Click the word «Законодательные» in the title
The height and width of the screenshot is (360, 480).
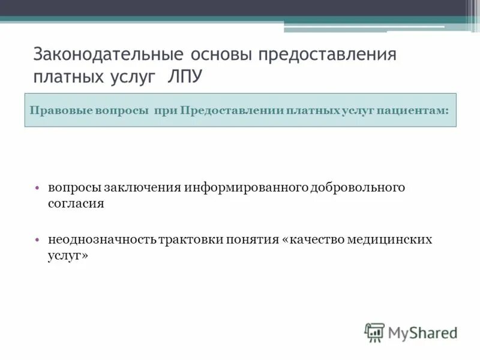[109, 55]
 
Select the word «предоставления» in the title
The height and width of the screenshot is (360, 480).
[328, 55]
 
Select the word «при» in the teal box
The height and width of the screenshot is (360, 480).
[165, 110]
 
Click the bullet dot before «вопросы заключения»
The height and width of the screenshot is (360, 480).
[37, 187]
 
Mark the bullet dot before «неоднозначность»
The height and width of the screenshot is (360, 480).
[37, 239]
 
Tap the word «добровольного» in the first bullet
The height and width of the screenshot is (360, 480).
[358, 187]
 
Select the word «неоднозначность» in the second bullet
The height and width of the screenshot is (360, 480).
[103, 239]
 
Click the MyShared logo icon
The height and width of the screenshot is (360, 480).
[374, 332]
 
